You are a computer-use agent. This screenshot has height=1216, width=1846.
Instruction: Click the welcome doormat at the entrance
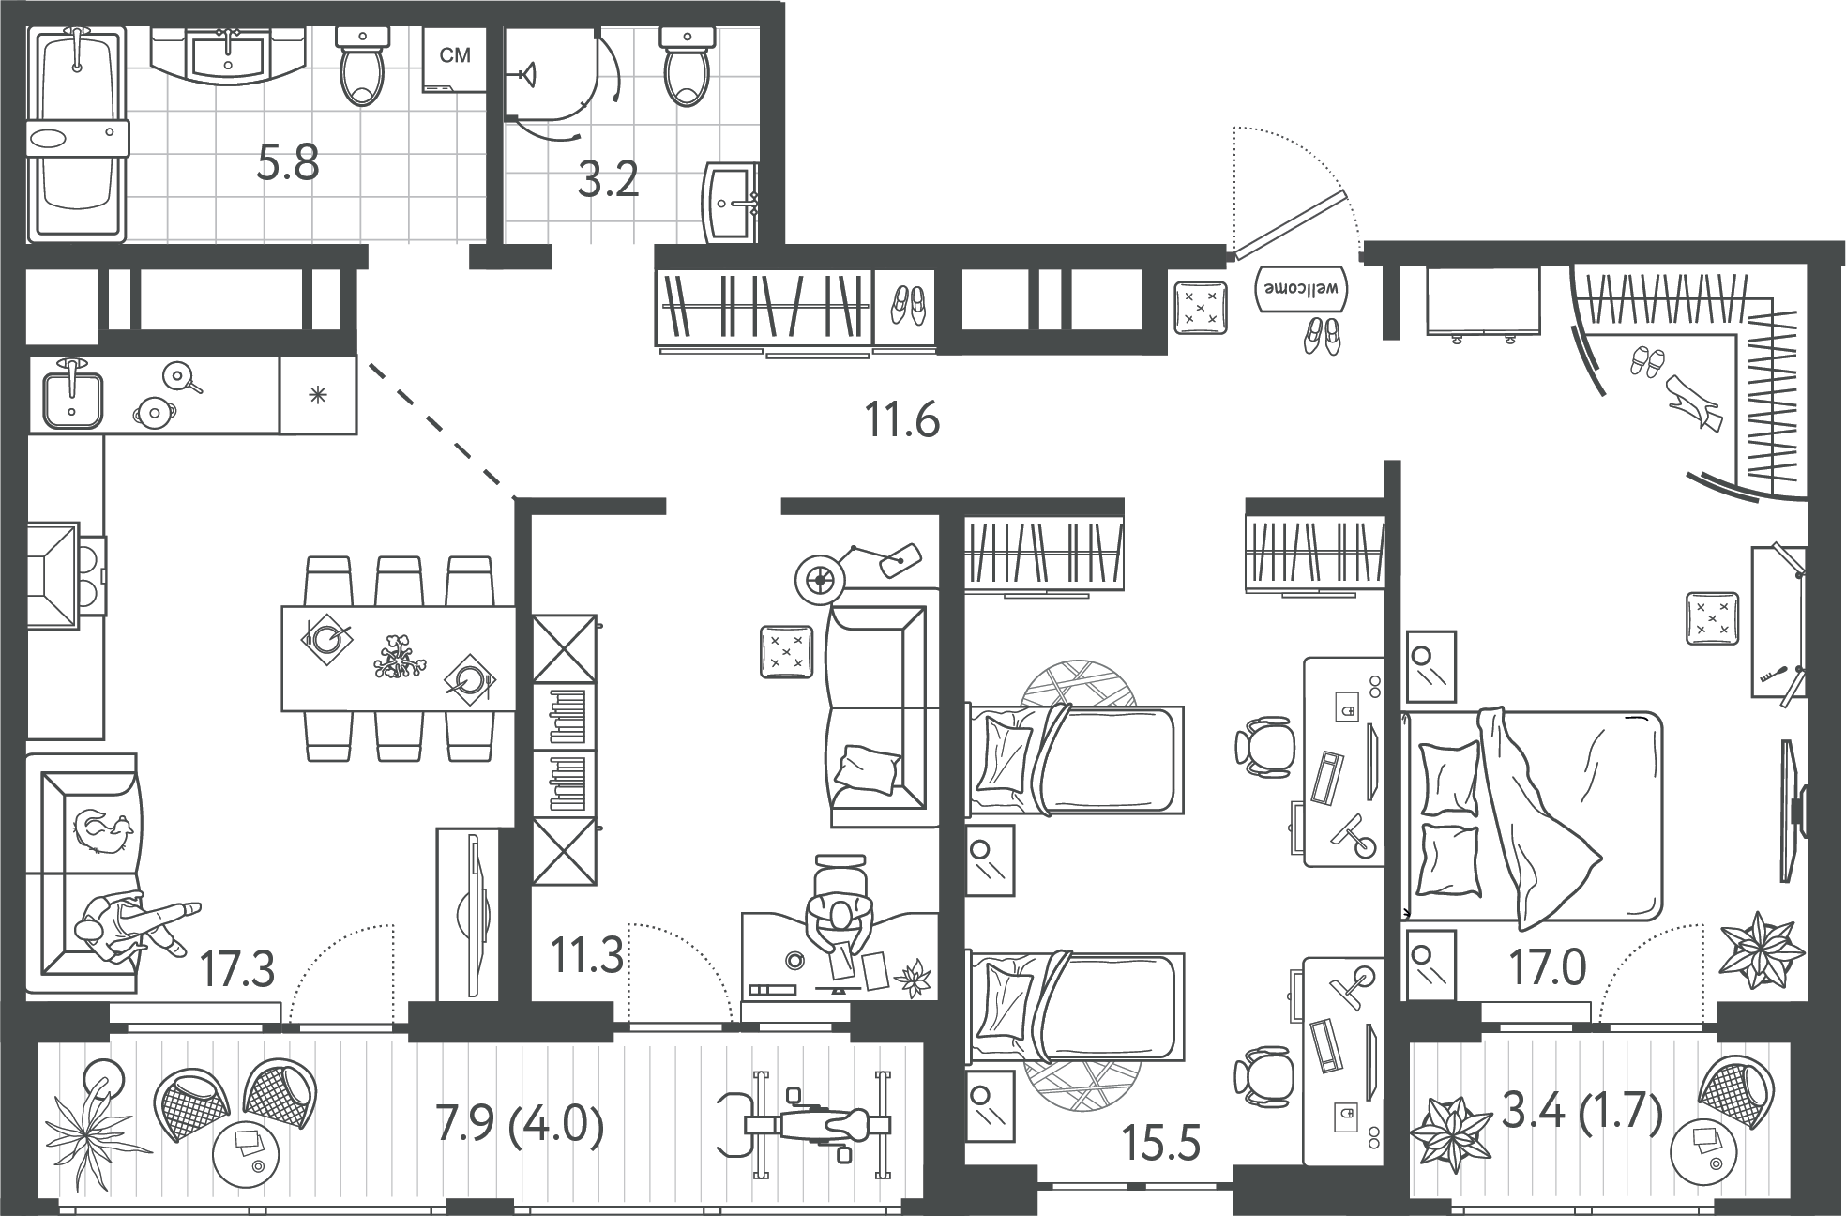click(1301, 287)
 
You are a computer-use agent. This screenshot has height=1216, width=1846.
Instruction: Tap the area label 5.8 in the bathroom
click(288, 163)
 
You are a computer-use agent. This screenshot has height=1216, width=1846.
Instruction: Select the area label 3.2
click(608, 179)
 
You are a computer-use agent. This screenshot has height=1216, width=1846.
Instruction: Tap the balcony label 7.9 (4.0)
click(520, 1123)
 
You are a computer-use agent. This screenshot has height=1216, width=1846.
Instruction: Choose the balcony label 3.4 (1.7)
click(1582, 1113)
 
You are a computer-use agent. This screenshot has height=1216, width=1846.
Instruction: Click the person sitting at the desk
click(840, 925)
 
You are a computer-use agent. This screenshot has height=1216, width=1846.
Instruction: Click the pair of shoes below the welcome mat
click(1322, 335)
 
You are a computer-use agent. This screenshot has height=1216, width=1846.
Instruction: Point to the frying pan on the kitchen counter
click(180, 377)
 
